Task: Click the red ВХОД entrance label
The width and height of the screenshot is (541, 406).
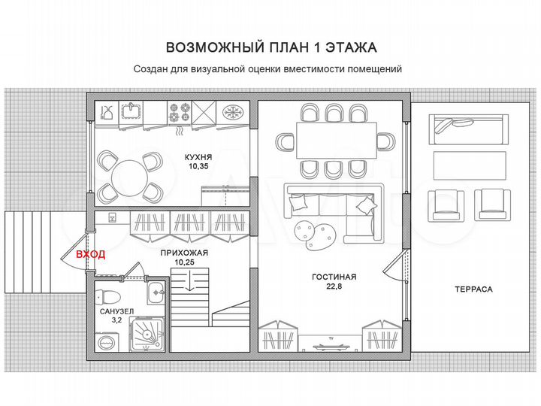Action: click(90, 254)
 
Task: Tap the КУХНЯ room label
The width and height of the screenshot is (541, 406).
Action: click(199, 157)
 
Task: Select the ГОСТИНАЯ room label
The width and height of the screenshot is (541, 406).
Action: click(334, 277)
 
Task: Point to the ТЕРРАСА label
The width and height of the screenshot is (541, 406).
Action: click(473, 289)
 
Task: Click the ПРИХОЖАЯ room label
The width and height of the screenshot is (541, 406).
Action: click(184, 253)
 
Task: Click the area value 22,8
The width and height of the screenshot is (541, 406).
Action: click(334, 286)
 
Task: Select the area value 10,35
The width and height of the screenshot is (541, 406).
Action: click(199, 167)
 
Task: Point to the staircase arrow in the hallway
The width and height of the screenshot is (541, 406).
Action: click(191, 283)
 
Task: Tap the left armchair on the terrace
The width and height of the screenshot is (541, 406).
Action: click(443, 204)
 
